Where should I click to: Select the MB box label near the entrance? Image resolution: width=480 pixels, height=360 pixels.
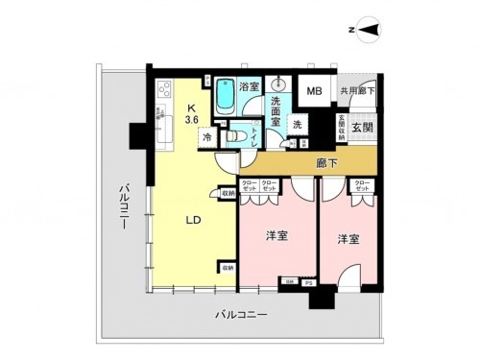point(314,92)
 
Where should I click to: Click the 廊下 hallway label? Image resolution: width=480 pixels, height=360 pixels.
point(326,163)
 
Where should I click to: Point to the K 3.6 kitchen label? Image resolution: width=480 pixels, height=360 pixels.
point(193,111)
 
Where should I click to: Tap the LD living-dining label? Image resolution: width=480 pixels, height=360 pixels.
point(193,219)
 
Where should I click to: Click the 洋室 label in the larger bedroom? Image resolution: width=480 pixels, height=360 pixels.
point(278,235)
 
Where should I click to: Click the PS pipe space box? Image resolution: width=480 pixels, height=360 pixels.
point(308,282)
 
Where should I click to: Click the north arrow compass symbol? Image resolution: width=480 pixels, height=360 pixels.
point(369,33)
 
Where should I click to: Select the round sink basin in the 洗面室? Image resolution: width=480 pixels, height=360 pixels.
point(281,81)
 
